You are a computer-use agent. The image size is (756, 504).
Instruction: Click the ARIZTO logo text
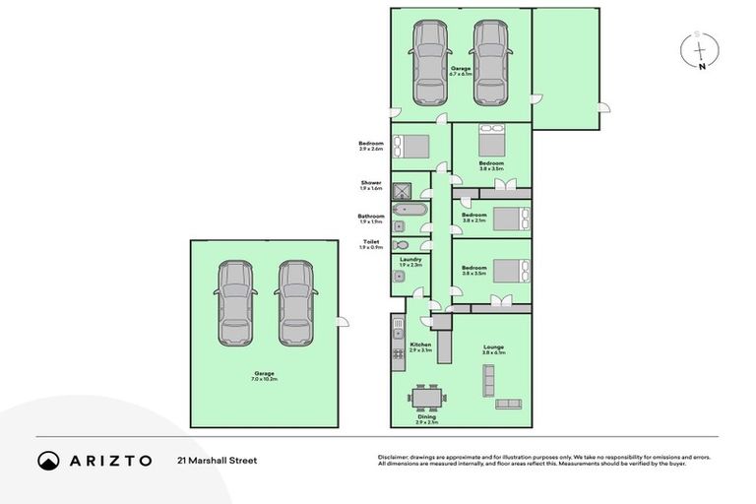tap(108, 460)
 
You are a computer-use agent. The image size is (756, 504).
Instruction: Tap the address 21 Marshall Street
tap(217, 460)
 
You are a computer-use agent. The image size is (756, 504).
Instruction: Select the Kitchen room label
tap(420, 347)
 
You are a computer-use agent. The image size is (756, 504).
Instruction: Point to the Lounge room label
tap(493, 348)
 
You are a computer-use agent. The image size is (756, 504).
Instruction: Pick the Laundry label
tap(383, 262)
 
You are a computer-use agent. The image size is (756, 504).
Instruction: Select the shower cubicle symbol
tap(401, 190)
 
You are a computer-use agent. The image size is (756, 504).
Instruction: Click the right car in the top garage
tap(489, 63)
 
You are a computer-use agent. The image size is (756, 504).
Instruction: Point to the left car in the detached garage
tap(236, 303)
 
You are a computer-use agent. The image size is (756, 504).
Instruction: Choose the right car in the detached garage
tap(294, 303)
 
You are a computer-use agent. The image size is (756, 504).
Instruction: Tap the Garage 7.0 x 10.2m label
tap(265, 375)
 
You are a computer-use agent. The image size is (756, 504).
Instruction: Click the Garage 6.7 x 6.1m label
tap(461, 70)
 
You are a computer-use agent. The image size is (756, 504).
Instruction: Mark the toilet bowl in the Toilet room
tap(401, 244)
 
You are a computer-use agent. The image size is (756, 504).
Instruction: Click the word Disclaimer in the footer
tap(392, 457)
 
